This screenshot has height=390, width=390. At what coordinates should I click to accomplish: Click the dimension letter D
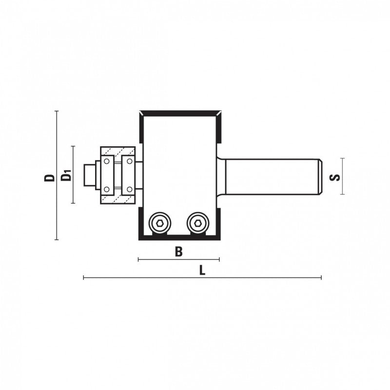coord(49,176)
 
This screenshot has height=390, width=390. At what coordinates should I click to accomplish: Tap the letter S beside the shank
coord(334,176)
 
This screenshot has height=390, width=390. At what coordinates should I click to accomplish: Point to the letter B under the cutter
coord(178,252)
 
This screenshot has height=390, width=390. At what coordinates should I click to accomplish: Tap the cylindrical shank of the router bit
coord(273,176)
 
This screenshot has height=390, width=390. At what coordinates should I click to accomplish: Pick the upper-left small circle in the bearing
coord(106,161)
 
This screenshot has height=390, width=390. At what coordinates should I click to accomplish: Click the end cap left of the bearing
coord(89,175)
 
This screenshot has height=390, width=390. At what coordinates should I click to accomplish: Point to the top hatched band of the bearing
coord(117,150)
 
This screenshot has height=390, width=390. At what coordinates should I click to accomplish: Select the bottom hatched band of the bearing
coord(117,200)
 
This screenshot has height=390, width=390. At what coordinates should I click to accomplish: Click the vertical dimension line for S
coord(343,176)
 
